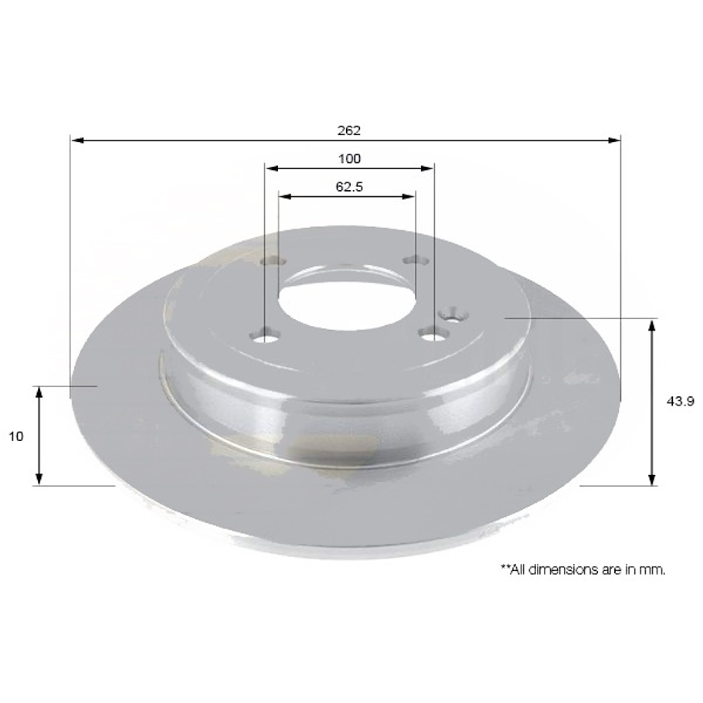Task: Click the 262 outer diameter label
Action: tap(348, 131)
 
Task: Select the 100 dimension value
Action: tap(349, 159)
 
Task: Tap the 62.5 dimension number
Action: tap(349, 186)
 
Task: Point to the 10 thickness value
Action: tap(16, 436)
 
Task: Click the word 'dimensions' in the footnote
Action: tap(569, 569)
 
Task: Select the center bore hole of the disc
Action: tap(347, 298)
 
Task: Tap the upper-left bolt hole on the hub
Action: tap(271, 261)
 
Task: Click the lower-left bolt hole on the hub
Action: tap(267, 337)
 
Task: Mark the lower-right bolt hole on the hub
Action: tap(433, 334)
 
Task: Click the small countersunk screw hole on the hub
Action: tap(451, 314)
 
